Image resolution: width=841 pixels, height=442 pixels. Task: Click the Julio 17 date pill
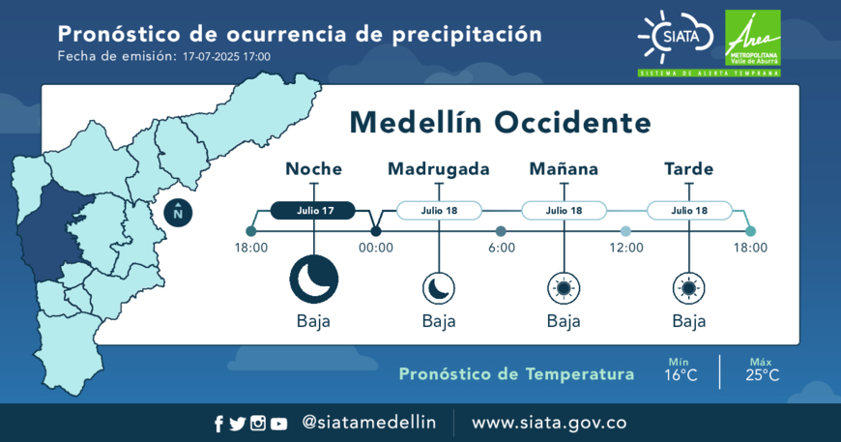point(312,210)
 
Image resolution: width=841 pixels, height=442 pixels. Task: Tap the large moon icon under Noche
point(314,280)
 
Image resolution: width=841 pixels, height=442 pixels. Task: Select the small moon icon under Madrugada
point(439,288)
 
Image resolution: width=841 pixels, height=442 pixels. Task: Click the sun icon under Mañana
point(564,288)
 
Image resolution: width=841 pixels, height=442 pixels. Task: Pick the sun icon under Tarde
point(689,288)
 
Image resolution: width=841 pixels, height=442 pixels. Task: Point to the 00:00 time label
point(376,248)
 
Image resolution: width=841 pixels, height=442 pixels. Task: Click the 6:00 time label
point(502,248)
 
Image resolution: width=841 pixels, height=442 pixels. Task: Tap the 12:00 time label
point(626,248)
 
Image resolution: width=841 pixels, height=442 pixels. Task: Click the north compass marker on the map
point(178,213)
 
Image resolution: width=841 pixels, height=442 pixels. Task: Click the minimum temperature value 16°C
point(681,375)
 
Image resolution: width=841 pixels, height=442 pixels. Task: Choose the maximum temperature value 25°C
point(762,375)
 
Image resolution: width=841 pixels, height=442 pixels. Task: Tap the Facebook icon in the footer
point(218,424)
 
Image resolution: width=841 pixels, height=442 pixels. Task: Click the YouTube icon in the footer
point(278,424)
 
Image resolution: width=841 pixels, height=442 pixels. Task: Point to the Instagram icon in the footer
point(258,424)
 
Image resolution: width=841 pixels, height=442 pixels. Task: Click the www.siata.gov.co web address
point(549,423)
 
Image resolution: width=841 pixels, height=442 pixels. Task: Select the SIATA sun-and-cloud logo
point(676,37)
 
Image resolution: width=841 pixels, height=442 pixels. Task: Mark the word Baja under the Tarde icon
point(689,321)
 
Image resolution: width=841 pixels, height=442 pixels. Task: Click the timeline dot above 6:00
point(501,231)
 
